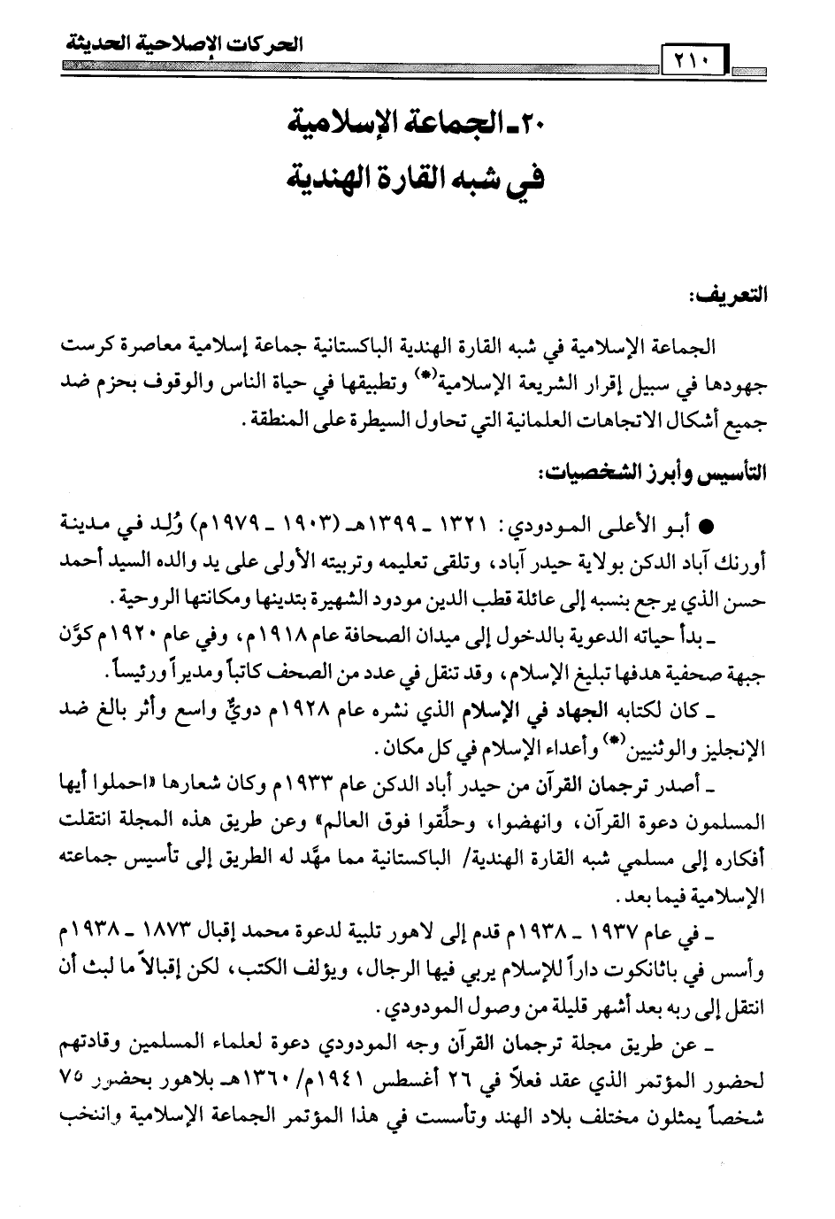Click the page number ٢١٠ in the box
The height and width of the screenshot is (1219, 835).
686,64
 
